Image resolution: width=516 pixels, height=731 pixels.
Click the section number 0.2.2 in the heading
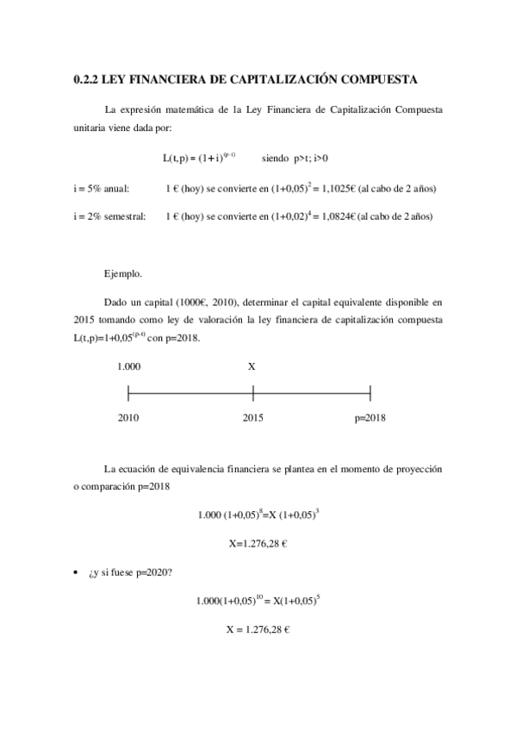pos(86,80)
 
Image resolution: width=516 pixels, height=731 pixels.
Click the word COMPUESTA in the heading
pos(377,80)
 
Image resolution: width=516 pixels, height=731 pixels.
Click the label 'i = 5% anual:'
pos(103,187)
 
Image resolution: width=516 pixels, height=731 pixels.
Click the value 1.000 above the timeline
pos(129,366)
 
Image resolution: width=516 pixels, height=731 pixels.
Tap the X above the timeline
pos(252,366)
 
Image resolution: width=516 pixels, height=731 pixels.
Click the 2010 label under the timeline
pos(128,418)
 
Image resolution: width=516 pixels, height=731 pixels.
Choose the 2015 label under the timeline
pos(252,418)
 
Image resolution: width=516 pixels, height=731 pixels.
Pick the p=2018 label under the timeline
pos(370,418)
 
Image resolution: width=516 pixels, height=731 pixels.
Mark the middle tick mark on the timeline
pos(253,394)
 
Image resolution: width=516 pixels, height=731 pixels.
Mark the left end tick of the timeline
pos(128,394)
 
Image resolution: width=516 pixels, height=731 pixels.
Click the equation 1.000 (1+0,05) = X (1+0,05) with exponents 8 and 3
pos(259,515)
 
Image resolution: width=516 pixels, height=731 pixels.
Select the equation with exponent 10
pos(259,600)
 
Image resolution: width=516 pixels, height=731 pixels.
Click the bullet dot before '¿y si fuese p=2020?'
pos(78,572)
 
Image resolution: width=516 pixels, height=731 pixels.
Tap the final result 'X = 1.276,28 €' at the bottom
pos(257,630)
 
